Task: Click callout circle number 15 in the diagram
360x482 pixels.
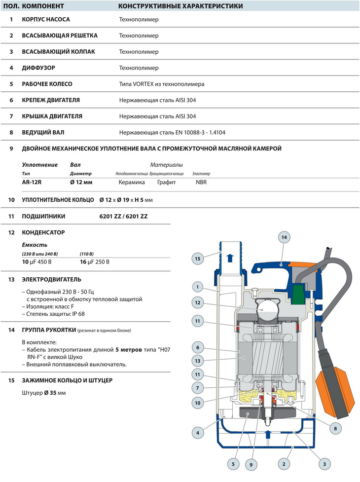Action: coord(197,258)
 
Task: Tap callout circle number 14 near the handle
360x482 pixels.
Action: coord(284,237)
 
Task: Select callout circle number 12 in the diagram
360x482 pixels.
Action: coord(197,302)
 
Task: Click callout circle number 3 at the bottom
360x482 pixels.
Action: coord(324,464)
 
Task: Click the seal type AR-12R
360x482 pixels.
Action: coord(32,182)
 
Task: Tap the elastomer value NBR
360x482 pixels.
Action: coord(201,182)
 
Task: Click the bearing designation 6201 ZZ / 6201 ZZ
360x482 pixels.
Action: coord(123,216)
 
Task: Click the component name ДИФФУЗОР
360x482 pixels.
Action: coord(38,68)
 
